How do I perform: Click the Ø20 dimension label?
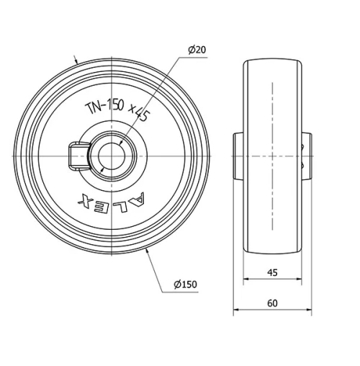click(197, 50)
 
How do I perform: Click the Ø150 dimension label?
click(185, 285)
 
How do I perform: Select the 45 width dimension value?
click(271, 272)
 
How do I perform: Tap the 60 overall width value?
click(272, 303)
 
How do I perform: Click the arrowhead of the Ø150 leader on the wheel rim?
click(148, 250)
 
